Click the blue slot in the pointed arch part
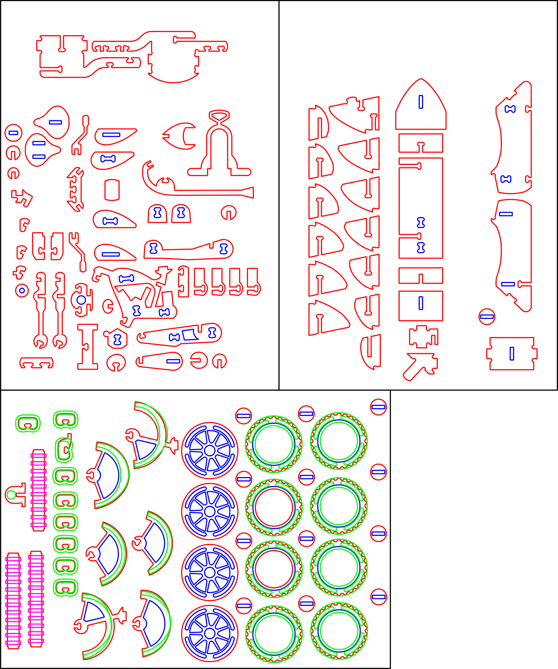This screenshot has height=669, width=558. click(421, 102)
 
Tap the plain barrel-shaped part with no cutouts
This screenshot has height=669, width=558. click(112, 190)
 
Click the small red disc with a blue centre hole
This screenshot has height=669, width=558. click(22, 290)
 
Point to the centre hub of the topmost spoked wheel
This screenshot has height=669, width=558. click(210, 450)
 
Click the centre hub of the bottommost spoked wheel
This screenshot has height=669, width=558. click(210, 633)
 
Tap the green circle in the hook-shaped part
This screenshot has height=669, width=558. click(12, 495)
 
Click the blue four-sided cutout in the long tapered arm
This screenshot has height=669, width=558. click(190, 335)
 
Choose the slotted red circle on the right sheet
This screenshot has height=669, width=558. click(487, 317)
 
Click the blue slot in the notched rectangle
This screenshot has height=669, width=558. click(512, 353)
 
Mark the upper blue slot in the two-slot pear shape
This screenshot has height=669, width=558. click(39, 143)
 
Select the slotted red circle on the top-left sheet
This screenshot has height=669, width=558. click(13, 133)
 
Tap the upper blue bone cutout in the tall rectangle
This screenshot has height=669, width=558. click(421, 222)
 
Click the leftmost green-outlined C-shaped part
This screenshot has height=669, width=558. click(28, 424)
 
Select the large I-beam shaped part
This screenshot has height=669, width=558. click(88, 347)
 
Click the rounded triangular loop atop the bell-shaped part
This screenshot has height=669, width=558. click(219, 115)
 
